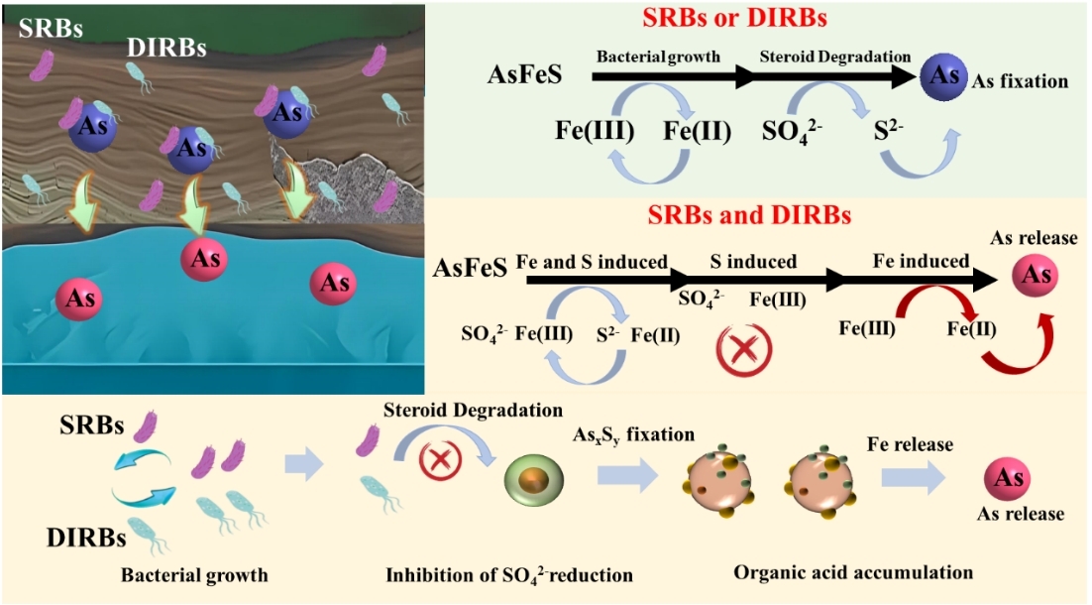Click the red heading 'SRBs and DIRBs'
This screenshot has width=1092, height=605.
pos(749,214)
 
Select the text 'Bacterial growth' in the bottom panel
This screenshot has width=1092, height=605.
pos(194,574)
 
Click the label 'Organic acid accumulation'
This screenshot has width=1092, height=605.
pos(853,572)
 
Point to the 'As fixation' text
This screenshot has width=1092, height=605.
pos(1021,81)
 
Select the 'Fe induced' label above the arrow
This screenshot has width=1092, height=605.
pos(921,262)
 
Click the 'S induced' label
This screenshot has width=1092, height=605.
pos(753,262)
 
